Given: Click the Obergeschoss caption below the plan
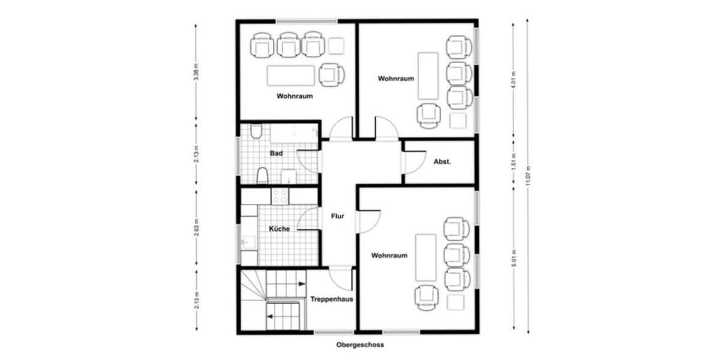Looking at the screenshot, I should [x=360, y=345].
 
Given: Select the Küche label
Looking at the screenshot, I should [x=280, y=229].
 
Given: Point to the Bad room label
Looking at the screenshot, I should [x=276, y=154].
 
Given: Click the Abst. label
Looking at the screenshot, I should [x=442, y=162].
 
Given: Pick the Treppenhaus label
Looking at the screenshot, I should [x=331, y=298].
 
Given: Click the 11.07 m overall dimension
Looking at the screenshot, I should [x=528, y=176].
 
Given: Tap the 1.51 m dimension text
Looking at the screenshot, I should [x=513, y=163].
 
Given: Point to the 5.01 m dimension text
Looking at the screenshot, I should [x=513, y=257].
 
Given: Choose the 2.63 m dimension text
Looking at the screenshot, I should [x=196, y=228].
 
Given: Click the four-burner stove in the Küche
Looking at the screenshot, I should [x=280, y=196].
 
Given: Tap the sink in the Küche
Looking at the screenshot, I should [x=248, y=242].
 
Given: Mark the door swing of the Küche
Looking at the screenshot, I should [x=309, y=219].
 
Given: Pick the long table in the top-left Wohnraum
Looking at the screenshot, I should [x=291, y=75].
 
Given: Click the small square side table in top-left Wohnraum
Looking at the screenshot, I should [x=336, y=46].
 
